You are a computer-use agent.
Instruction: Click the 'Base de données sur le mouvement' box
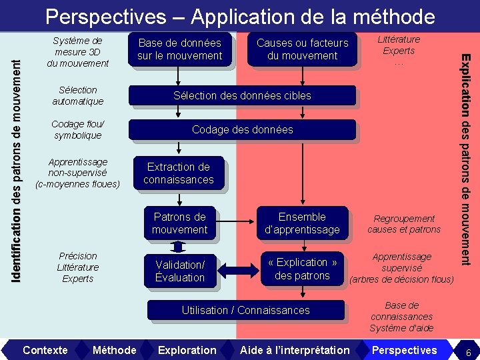tap(179, 49)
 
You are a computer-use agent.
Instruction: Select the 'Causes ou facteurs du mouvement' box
tap(302, 49)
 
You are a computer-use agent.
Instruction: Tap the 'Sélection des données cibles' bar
tap(242, 95)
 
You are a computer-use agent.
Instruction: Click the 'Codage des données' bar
tap(242, 129)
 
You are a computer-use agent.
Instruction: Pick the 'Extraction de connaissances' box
tap(178, 173)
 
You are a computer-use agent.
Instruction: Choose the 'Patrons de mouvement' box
tap(179, 223)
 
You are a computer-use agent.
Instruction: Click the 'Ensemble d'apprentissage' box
tap(302, 223)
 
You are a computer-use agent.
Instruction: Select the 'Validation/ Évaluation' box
tap(179, 271)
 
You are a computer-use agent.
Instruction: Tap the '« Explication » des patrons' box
tap(302, 269)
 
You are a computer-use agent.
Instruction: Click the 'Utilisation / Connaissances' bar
tap(245, 310)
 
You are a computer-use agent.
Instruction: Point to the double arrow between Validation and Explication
tap(237, 269)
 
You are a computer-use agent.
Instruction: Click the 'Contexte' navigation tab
tap(45, 350)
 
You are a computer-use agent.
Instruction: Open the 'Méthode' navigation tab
tap(114, 350)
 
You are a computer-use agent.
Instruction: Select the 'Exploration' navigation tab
tap(187, 350)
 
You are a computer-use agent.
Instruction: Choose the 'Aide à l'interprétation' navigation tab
tap(295, 350)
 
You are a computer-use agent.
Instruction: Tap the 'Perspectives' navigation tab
tap(404, 350)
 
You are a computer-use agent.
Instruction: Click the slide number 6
tap(469, 351)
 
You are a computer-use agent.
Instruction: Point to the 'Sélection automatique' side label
tap(78, 95)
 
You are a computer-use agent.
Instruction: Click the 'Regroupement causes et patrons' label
tap(404, 224)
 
